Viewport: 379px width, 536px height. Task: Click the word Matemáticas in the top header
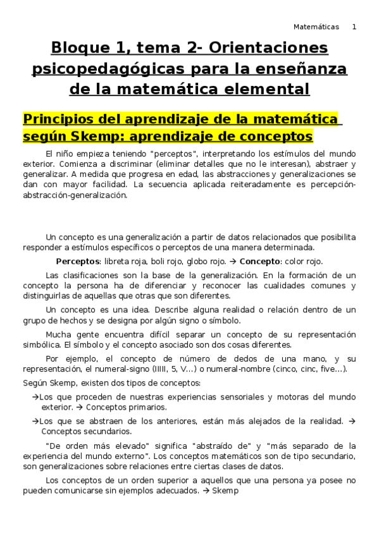316,27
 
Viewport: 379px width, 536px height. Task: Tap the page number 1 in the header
354,27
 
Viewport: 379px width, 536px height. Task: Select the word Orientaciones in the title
268,48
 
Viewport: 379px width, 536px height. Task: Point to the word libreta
121,261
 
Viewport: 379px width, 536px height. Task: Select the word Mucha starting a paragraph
59,334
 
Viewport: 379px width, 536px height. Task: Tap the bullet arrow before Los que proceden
34,397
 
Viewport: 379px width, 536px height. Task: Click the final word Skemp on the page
225,490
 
